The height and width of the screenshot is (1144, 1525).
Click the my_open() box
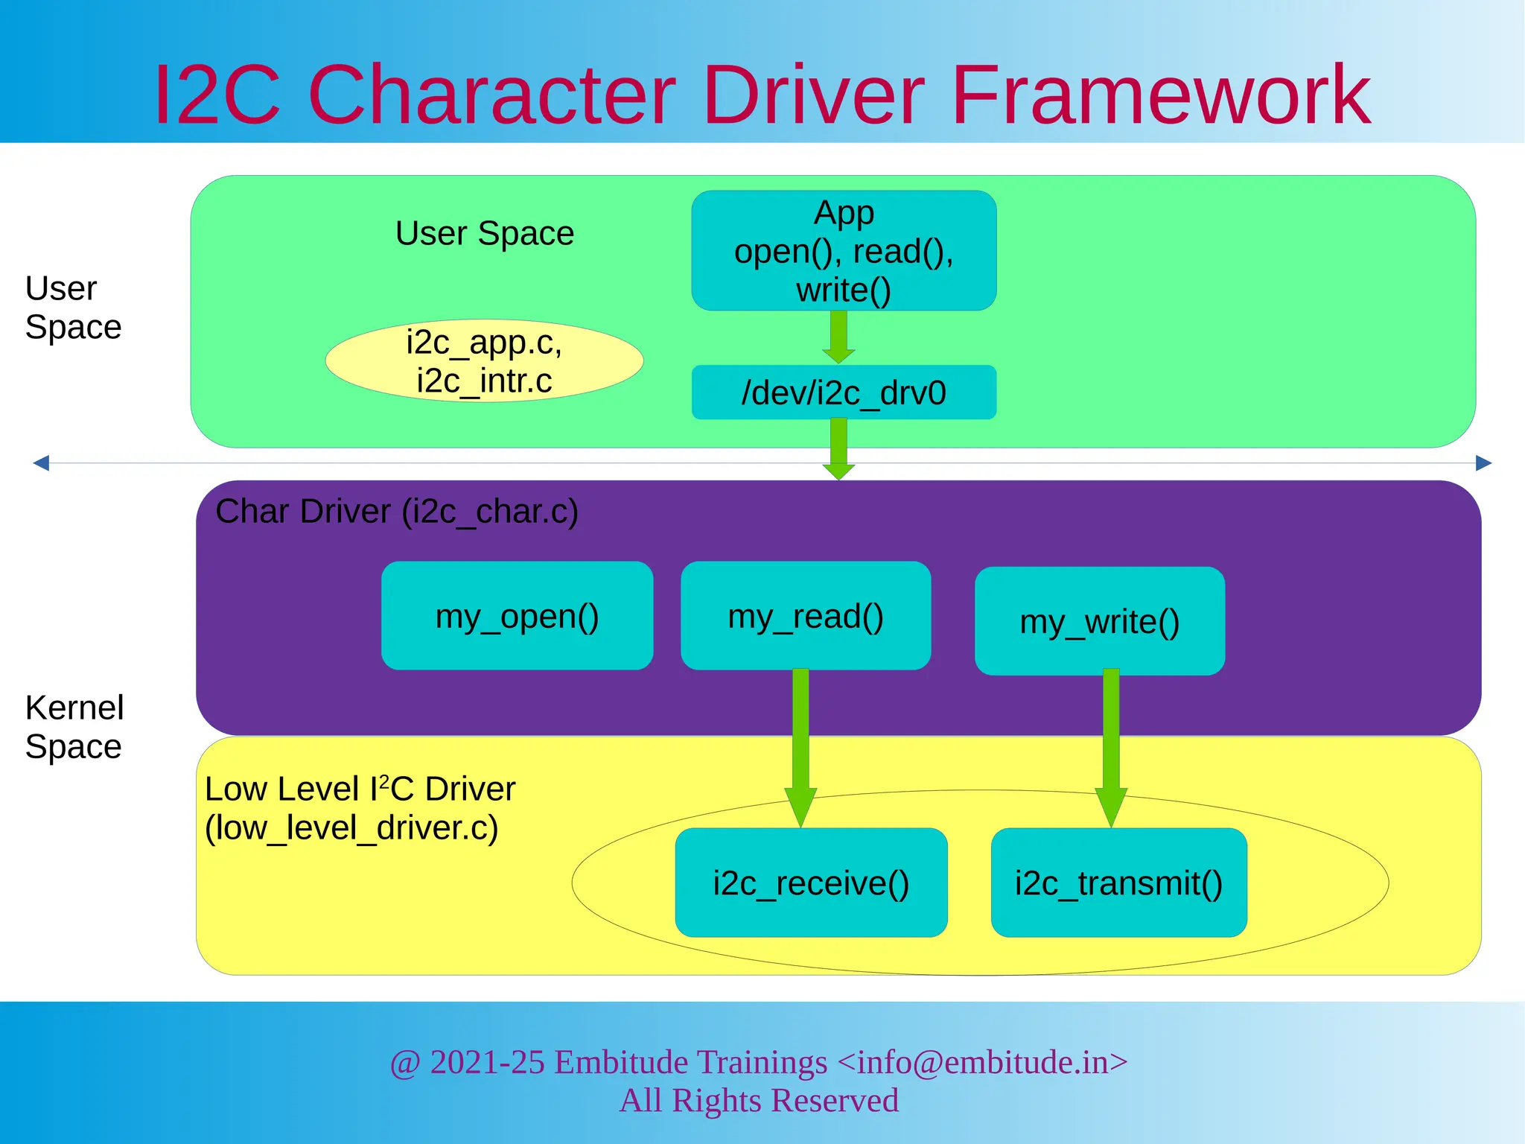tap(517, 616)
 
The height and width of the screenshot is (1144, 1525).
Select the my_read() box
tap(806, 616)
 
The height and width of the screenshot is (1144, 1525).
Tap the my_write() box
tap(1099, 621)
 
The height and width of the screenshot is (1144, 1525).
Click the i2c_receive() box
tap(811, 883)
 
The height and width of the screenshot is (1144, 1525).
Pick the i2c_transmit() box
tap(1118, 883)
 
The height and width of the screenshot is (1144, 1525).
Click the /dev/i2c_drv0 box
tap(844, 393)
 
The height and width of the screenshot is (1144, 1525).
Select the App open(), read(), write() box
tap(844, 251)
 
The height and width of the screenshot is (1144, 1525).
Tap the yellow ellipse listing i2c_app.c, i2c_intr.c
tap(484, 361)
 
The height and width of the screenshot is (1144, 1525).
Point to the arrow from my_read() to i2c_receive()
tap(800, 745)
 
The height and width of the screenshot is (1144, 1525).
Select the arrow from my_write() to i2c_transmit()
tap(1111, 745)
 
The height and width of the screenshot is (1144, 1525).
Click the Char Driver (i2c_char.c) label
tap(397, 512)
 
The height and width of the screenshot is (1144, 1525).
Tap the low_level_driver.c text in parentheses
tap(351, 828)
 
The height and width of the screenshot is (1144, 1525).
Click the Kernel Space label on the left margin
tap(74, 727)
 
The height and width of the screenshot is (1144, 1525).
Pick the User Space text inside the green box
tap(485, 233)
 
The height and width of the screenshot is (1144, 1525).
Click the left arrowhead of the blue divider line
tap(42, 463)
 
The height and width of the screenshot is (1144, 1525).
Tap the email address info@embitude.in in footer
tap(982, 1062)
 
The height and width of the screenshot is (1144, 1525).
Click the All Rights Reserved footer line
tap(759, 1100)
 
